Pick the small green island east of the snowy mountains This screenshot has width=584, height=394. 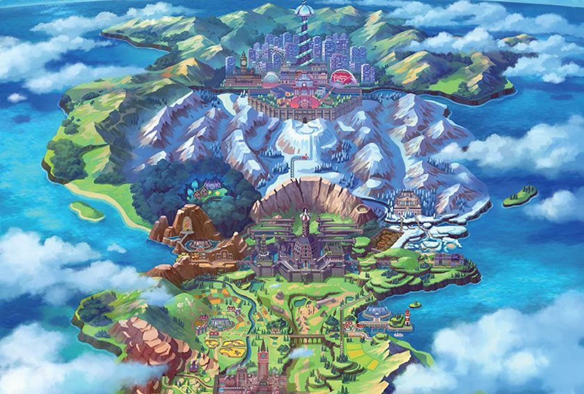[520, 196]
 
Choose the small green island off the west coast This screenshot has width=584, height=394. [86, 211]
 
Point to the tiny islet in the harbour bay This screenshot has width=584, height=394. [415, 305]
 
